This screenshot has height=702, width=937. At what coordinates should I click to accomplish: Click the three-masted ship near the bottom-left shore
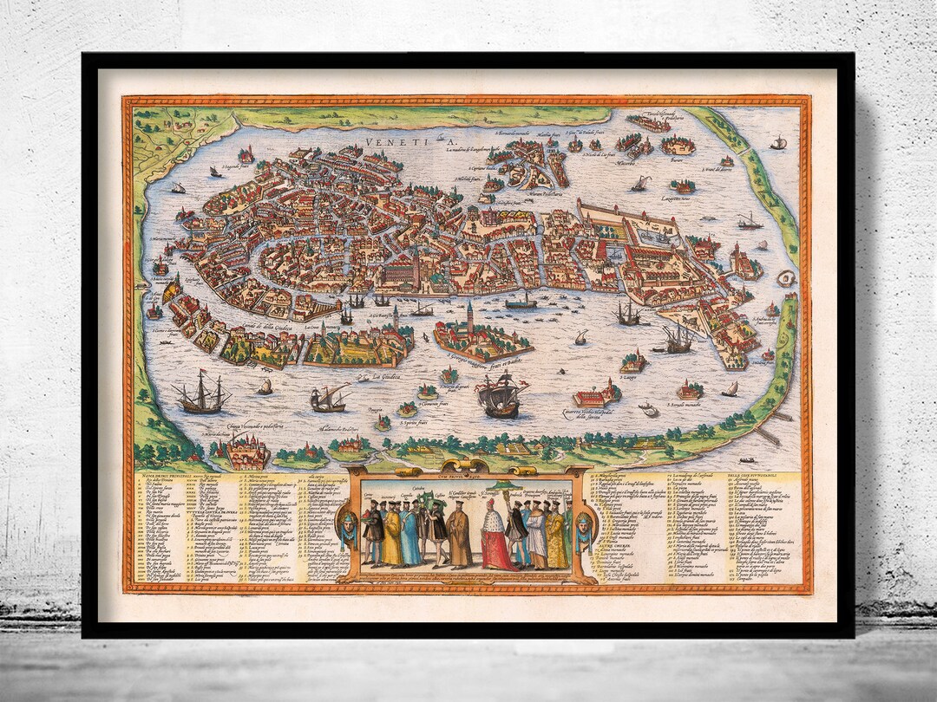pos(201,396)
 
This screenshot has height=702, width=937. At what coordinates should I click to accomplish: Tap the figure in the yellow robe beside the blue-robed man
pos(393,537)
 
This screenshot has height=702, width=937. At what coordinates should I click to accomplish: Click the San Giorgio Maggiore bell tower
pos(469,316)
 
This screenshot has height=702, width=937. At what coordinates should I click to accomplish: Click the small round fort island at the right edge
pos(786,278)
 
